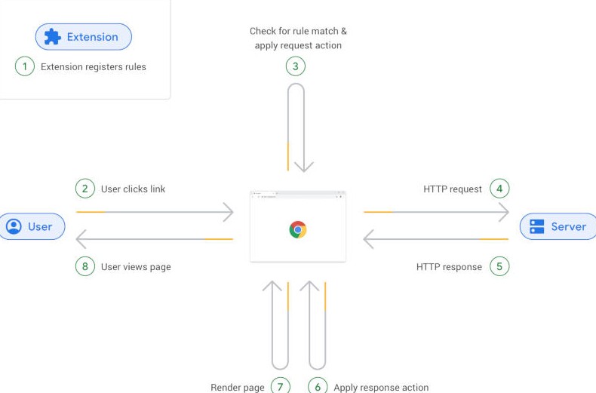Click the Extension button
tap(84, 37)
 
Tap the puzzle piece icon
tap(53, 37)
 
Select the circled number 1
tap(25, 66)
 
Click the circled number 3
tap(295, 66)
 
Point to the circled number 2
tap(85, 189)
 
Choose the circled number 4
tap(499, 189)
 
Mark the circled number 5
tap(499, 266)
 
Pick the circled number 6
tap(318, 385)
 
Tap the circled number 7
tap(281, 385)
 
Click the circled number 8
tap(85, 266)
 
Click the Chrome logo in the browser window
tap(297, 229)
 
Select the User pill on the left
tap(32, 226)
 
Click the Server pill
tap(558, 226)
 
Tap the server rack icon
tap(536, 226)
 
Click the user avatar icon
tap(14, 226)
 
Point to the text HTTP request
tap(453, 189)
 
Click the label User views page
tap(136, 267)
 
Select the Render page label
tap(238, 387)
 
